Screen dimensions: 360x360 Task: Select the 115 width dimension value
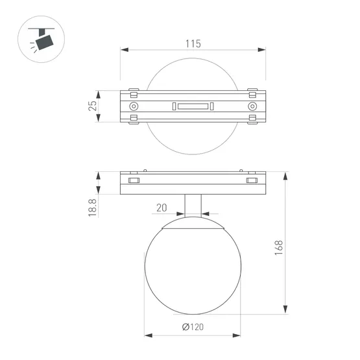click(193, 43)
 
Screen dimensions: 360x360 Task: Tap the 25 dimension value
click(93, 106)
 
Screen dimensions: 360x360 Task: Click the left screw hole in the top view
click(134, 106)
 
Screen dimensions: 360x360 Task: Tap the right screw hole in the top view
click(252, 106)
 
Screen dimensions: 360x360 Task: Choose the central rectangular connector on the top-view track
click(193, 106)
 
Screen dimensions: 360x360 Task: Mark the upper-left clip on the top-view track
click(134, 91)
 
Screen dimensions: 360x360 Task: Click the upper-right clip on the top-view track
click(252, 91)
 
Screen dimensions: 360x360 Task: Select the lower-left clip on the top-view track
click(134, 120)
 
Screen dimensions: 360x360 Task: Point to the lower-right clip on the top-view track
click(252, 120)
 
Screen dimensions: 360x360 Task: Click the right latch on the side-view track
click(252, 180)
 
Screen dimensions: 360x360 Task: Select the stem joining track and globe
click(193, 206)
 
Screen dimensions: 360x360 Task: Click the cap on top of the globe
click(193, 224)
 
